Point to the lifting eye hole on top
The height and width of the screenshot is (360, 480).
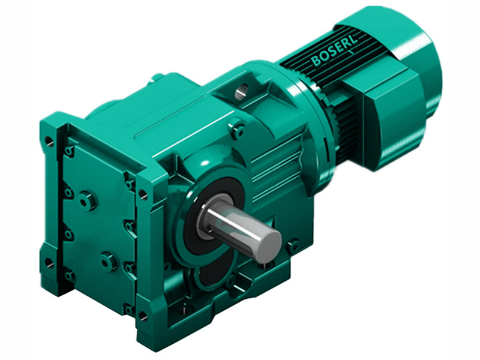coord(241,91)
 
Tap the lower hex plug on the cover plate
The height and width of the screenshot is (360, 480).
coord(108,261)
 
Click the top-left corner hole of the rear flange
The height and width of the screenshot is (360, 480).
coord(49,142)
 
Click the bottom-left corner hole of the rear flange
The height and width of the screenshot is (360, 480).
coord(49,263)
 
